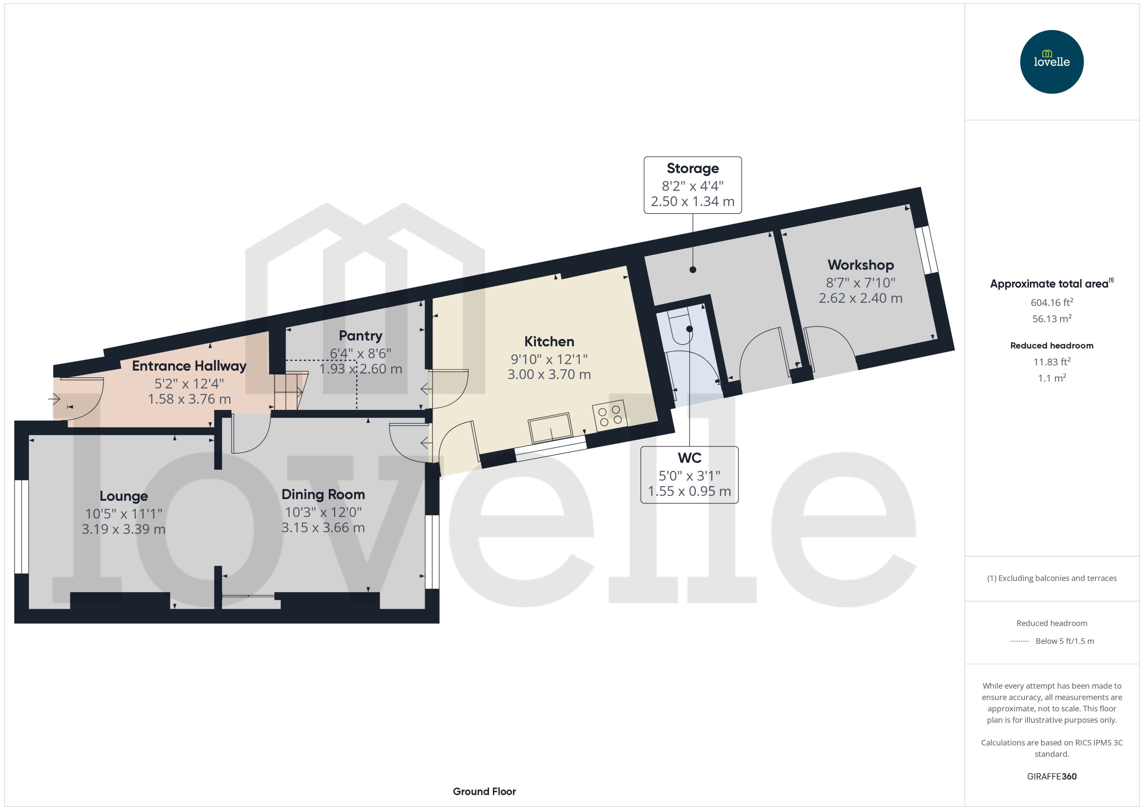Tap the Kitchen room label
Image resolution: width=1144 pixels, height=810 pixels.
(549, 342)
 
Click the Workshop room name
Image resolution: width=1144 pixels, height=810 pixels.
(860, 265)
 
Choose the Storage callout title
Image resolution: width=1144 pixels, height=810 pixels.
(692, 169)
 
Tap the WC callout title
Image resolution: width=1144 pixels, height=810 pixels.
(689, 458)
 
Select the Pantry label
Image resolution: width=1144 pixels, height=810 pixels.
(361, 336)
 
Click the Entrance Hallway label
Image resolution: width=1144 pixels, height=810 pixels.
(189, 366)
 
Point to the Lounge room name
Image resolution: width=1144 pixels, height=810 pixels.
(124, 496)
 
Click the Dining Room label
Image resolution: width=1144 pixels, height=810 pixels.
(323, 495)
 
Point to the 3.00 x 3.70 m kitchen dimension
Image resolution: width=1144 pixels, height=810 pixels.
(549, 374)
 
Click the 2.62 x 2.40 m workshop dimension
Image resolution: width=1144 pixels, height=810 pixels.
(860, 298)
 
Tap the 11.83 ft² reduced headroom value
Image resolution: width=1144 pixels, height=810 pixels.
(1051, 362)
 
